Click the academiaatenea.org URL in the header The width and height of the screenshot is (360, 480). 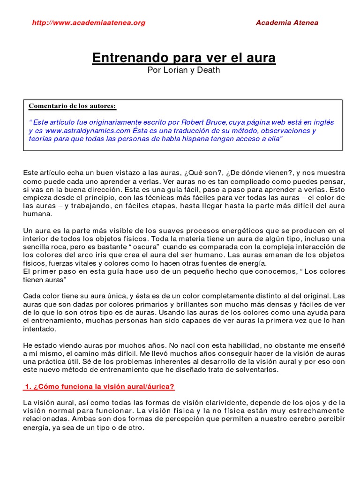click(89, 22)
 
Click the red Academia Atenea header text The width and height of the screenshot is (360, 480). click(287, 22)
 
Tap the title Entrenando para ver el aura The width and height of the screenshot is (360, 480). click(184, 58)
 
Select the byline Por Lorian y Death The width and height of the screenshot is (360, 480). click(183, 70)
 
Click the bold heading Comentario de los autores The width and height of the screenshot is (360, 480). click(72, 106)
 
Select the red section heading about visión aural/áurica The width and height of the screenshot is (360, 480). click(99, 387)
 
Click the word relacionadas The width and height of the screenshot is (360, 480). click(44, 420)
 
